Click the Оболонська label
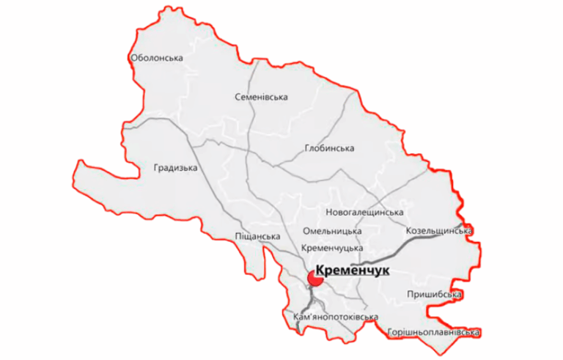point(155,58)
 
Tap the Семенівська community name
point(261,97)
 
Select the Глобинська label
point(328,148)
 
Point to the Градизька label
point(176,167)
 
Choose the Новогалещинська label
point(364,213)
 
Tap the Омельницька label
point(332,231)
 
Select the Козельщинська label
point(438,231)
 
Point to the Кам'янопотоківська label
point(334,317)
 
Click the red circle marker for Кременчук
point(317,278)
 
